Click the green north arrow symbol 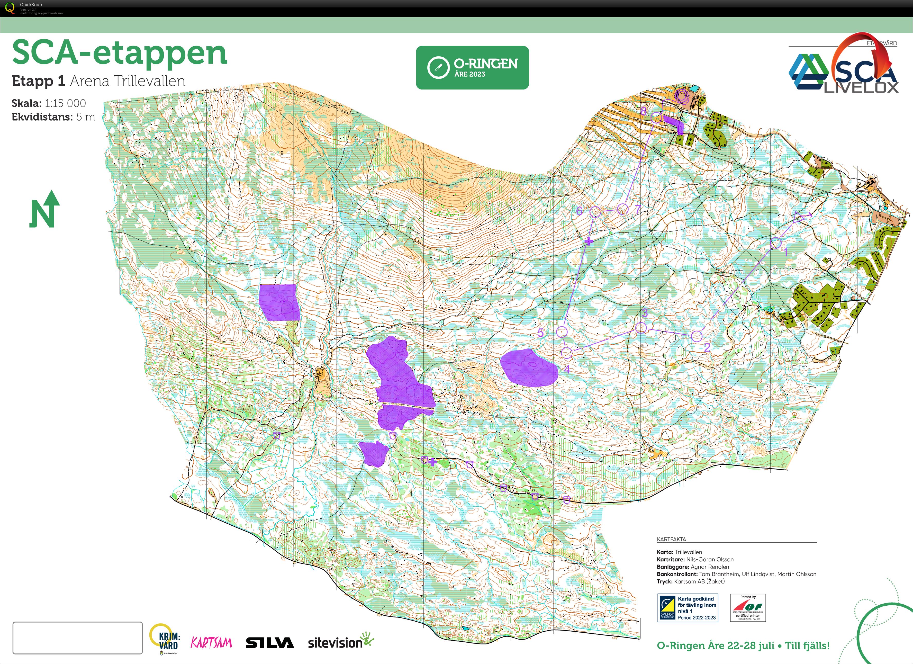coord(44,209)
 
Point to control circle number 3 coord(641,328)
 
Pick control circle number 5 coord(562,332)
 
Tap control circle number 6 coord(595,212)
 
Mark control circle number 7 coord(623,209)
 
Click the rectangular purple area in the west coord(280,302)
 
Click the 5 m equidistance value coord(86,117)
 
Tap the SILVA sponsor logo coord(270,643)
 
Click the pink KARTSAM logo coord(211,642)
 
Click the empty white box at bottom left coord(78,638)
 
